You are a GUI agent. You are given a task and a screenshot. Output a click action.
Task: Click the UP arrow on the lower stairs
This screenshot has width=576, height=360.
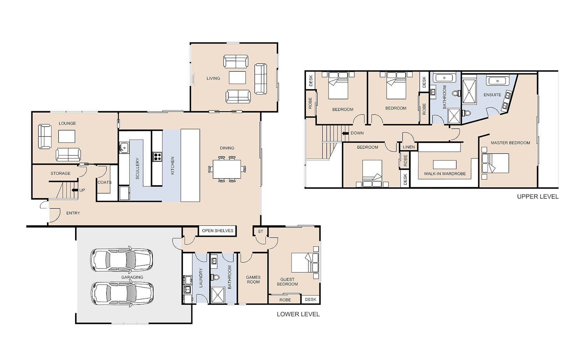tap(75, 190)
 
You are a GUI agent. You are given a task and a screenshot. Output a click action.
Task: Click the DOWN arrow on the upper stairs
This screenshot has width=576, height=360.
tap(345, 133)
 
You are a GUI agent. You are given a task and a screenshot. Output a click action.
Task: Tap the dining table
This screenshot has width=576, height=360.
tap(227, 169)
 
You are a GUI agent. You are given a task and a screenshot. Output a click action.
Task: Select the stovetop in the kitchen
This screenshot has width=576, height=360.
tap(157, 156)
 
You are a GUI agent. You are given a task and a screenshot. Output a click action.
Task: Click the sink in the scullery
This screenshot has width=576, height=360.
tap(124, 148)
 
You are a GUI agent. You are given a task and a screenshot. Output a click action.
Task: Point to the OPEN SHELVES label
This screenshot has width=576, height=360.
tap(218, 231)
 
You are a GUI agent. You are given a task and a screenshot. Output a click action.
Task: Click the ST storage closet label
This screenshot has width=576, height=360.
tap(260, 232)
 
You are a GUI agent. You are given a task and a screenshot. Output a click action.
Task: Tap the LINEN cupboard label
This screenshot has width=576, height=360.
tap(409, 147)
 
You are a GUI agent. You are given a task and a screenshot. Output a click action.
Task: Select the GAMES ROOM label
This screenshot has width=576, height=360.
tap(253, 279)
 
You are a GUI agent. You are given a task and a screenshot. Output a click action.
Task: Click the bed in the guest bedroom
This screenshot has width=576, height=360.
tap(305, 263)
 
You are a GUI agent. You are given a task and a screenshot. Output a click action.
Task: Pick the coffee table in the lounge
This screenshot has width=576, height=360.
tap(67, 136)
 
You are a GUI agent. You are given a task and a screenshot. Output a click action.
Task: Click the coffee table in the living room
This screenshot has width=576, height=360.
tap(237, 78)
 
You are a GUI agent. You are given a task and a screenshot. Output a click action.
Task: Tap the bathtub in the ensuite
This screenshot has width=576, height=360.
tap(497, 81)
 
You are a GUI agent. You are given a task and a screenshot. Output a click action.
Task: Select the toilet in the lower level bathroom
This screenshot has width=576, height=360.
tap(215, 277)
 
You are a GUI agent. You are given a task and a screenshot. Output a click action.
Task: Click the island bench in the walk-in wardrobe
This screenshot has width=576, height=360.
tap(444, 165)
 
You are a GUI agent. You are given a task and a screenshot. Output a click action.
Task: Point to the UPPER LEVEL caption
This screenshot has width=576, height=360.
tap(538, 197)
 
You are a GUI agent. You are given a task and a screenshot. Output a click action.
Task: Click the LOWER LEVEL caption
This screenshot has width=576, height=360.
tap(298, 314)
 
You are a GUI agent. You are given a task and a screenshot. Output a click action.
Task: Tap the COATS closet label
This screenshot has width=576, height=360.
tap(104, 182)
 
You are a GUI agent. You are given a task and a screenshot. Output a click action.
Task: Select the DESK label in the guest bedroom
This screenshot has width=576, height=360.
tap(311, 299)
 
